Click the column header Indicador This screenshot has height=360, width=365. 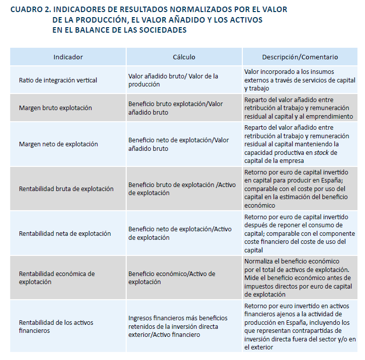(68, 57)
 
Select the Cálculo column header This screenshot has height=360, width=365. (184, 57)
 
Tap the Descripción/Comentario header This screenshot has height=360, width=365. (300, 57)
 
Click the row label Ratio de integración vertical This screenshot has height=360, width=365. (58, 80)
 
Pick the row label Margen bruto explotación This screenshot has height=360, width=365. (55, 108)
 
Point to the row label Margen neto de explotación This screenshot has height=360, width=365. (58, 144)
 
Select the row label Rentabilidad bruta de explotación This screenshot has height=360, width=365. (66, 189)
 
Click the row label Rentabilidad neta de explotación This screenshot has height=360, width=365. (65, 234)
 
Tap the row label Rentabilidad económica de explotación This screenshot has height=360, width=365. (57, 278)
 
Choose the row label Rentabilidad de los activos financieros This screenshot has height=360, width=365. (56, 326)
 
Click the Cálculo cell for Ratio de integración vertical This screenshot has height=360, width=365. (173, 80)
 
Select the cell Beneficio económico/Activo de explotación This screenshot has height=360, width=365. (171, 278)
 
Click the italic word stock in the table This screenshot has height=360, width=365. (321, 153)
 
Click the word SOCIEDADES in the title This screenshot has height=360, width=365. (160, 30)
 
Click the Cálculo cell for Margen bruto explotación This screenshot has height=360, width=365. (175, 108)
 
